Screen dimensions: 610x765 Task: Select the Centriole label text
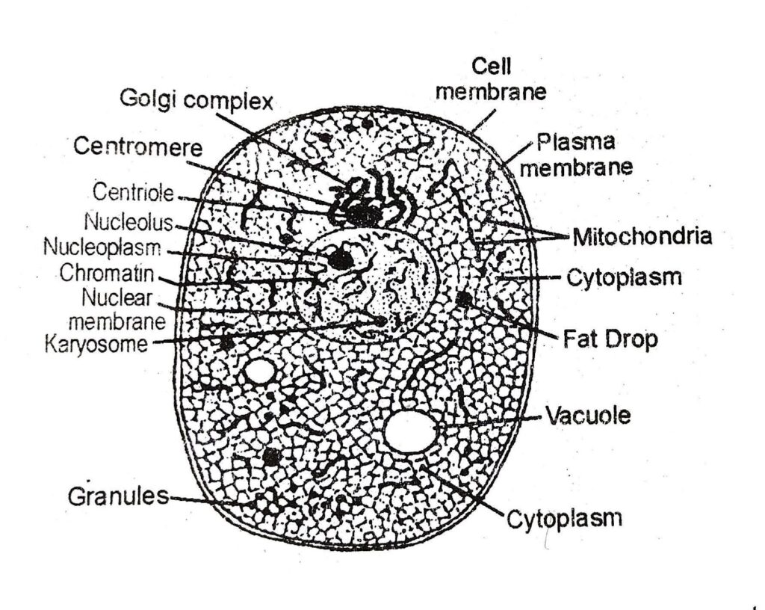pos(132,193)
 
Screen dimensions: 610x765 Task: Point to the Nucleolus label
pos(128,223)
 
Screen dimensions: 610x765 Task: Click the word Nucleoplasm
pos(102,246)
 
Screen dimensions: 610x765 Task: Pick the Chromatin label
pos(108,273)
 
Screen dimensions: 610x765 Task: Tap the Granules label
pos(118,496)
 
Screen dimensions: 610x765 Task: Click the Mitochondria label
pos(642,238)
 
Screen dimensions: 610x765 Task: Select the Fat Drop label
pos(610,339)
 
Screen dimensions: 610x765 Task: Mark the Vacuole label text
pos(587,416)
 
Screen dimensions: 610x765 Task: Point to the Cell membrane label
pos(492,80)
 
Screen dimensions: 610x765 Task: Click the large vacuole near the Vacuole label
pos(411,431)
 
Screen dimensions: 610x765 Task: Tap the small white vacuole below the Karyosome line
pos(260,371)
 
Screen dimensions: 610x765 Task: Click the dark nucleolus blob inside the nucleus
pos(341,259)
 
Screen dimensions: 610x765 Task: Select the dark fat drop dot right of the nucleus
pos(463,300)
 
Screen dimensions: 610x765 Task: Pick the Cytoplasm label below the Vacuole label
pos(564,518)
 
